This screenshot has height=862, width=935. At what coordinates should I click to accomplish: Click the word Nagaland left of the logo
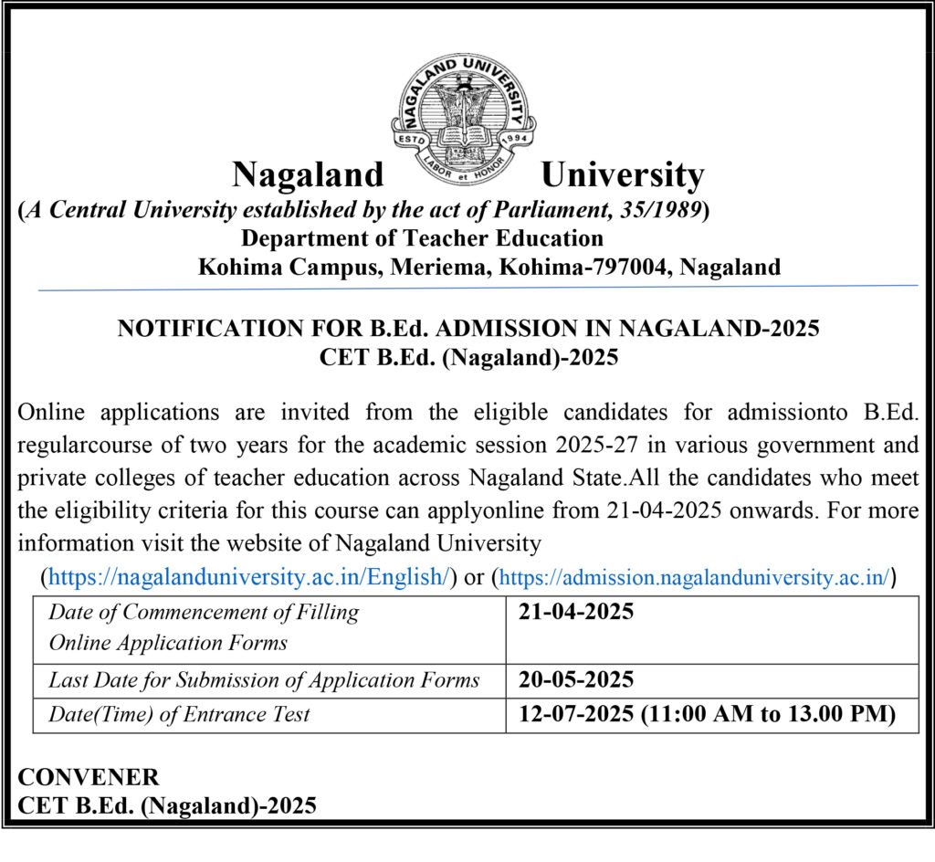[309, 174]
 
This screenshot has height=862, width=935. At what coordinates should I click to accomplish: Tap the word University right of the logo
[622, 174]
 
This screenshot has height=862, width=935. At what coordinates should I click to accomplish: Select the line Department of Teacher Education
[422, 238]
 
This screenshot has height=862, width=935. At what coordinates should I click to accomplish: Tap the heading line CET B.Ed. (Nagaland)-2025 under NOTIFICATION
[468, 357]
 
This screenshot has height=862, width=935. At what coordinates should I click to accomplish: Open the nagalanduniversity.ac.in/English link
[247, 577]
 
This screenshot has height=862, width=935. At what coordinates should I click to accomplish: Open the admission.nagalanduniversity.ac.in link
[695, 577]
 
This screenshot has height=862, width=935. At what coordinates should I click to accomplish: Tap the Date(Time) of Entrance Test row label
[179, 714]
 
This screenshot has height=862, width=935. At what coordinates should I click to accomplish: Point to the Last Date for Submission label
[264, 680]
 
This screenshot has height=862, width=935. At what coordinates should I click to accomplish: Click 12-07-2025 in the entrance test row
[575, 714]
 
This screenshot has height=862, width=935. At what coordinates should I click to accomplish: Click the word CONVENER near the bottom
[89, 777]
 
